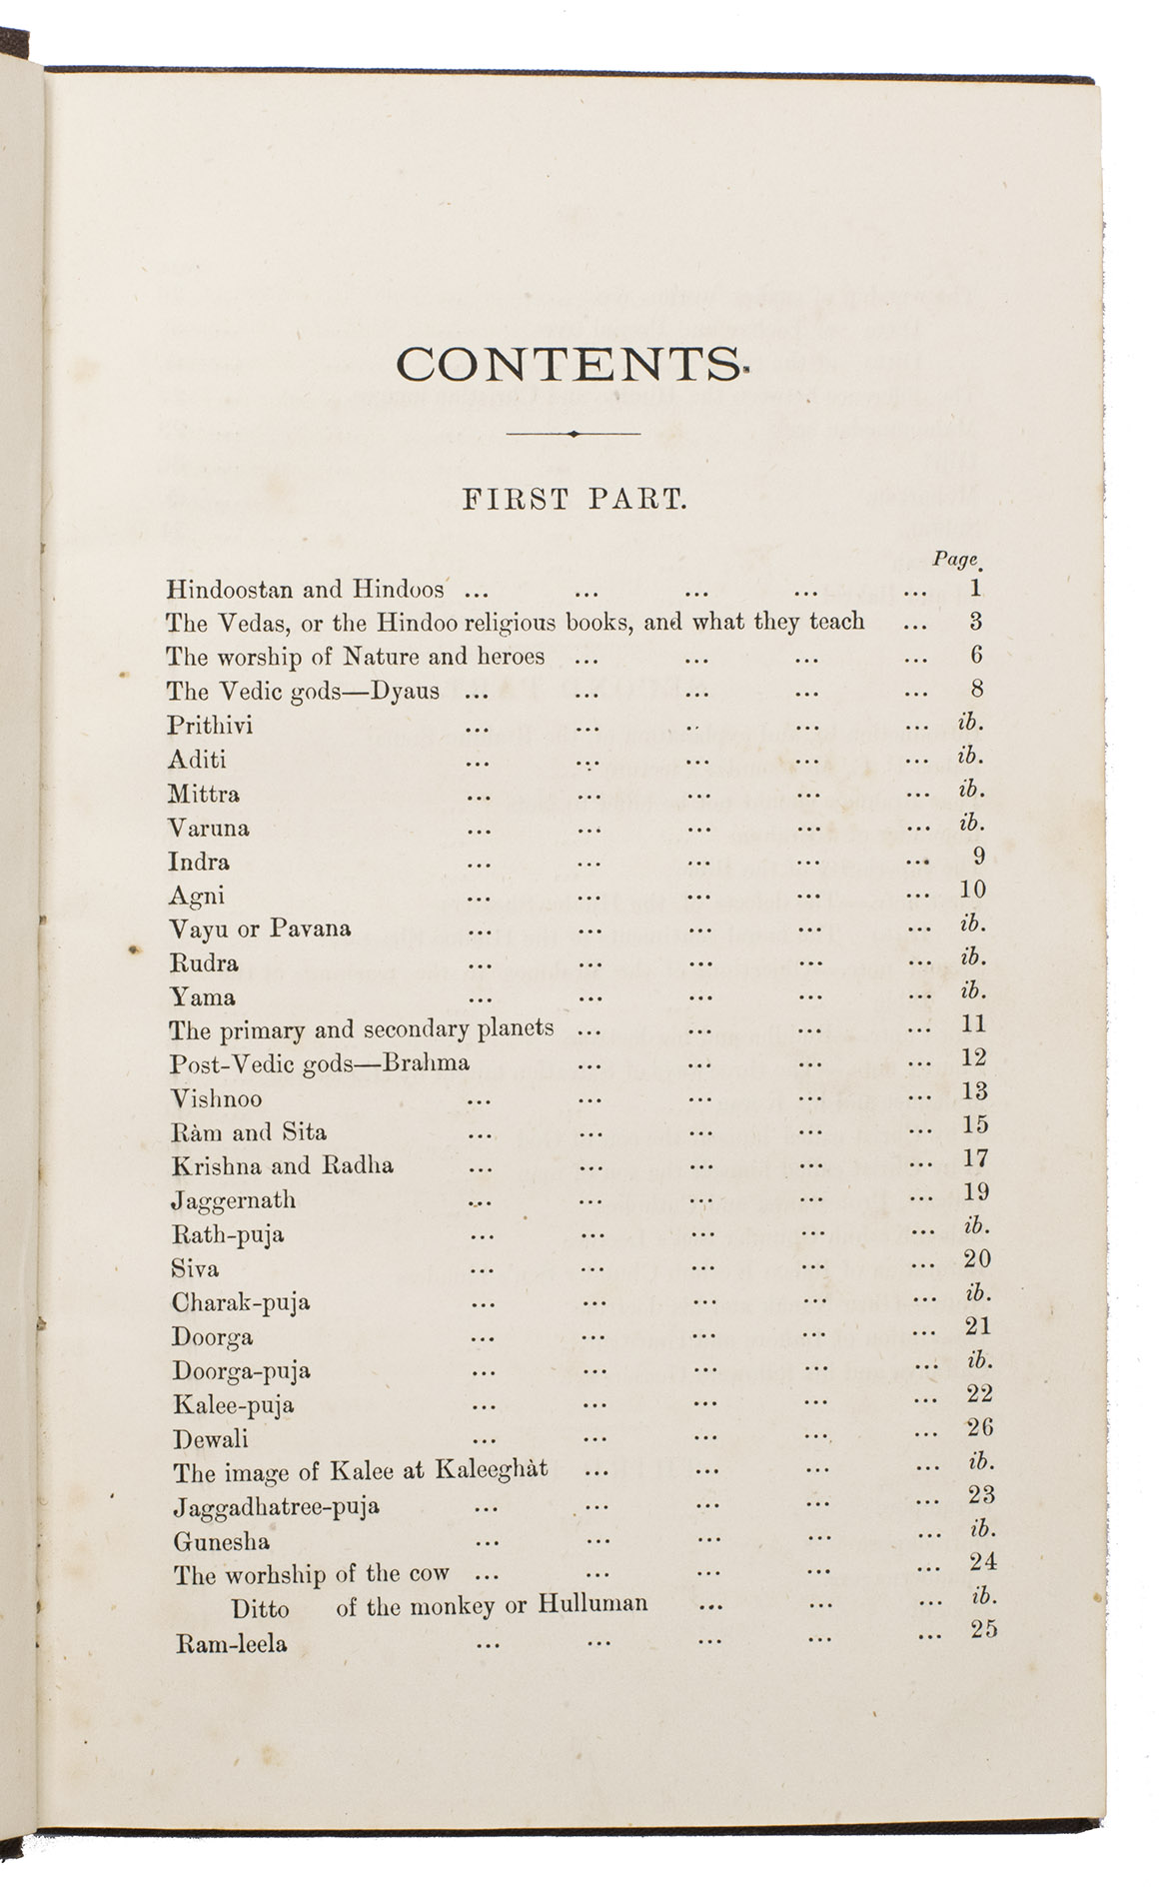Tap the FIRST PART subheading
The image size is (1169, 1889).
[574, 500]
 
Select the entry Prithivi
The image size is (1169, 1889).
[211, 726]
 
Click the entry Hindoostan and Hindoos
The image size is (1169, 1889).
[305, 589]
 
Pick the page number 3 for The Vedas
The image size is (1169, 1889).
[975, 621]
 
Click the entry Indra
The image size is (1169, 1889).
[200, 862]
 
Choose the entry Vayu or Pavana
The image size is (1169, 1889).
[260, 929]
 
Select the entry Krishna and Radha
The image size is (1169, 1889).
[282, 1165]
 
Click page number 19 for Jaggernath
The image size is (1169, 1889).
[976, 1191]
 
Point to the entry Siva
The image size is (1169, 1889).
[195, 1268]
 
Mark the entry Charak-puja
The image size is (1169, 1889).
[241, 1302]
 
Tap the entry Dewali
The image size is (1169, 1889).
[211, 1439]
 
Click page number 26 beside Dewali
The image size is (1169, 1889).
[980, 1427]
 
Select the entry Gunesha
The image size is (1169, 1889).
[221, 1541]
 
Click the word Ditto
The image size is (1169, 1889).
[261, 1609]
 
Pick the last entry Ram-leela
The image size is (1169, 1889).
[231, 1643]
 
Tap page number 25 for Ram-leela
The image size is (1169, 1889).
[983, 1629]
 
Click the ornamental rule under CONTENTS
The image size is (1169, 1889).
[573, 434]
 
